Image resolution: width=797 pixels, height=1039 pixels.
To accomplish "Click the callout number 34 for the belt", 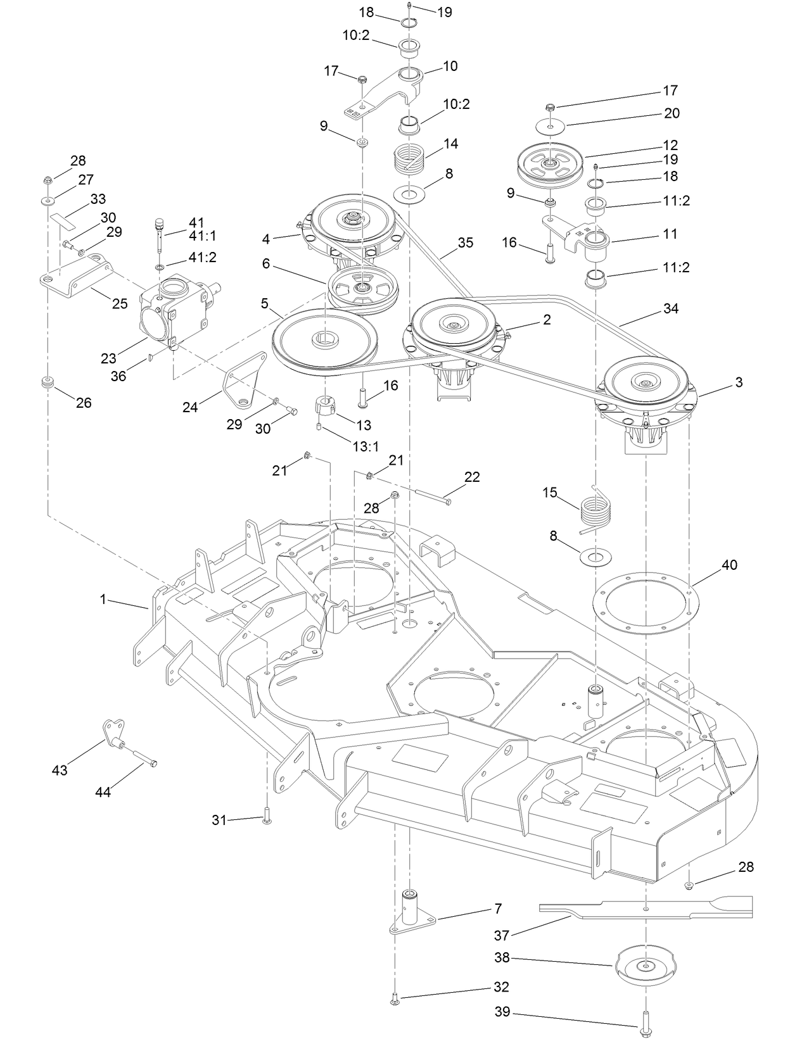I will (x=670, y=308).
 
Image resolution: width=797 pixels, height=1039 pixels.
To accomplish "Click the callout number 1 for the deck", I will (x=103, y=598).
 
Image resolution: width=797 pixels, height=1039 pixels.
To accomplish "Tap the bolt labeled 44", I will (x=143, y=757).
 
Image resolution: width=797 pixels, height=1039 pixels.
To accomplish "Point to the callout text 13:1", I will (x=366, y=446).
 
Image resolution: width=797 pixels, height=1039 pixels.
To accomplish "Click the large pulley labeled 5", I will (x=324, y=342).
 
